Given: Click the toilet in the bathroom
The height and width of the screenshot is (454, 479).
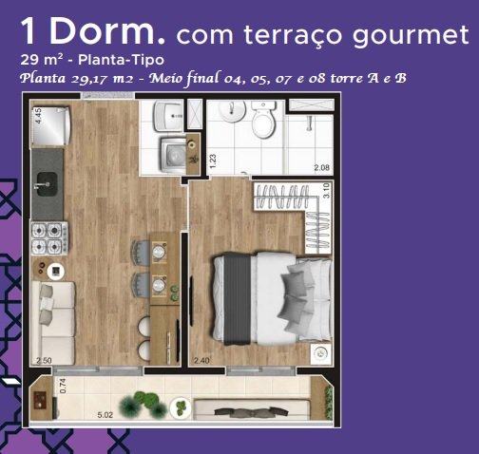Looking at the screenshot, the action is [x=263, y=119].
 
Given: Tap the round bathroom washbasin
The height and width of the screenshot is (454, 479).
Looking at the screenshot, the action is [x=233, y=111].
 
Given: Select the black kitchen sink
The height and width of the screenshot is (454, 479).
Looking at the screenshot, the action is [x=46, y=184].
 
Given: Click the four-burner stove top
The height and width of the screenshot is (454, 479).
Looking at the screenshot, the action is [x=49, y=238].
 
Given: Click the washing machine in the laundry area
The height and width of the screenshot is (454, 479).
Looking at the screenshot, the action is [x=173, y=155].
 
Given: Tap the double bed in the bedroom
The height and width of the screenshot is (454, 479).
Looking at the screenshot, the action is [x=272, y=299].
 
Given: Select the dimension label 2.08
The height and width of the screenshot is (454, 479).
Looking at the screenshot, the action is [x=321, y=167].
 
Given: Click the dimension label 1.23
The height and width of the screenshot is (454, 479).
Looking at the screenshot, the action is [x=213, y=161].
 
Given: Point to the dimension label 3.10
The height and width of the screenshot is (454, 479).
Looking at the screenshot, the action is [x=326, y=191].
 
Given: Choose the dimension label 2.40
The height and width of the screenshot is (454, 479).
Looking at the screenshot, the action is [x=201, y=360].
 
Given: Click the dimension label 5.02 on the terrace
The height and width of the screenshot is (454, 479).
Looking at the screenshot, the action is [x=105, y=414].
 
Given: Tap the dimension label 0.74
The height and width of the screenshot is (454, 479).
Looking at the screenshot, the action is [x=63, y=386].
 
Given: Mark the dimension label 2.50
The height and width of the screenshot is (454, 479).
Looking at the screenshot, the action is [x=44, y=361].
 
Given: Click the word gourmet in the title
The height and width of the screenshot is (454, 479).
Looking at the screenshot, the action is [x=410, y=34].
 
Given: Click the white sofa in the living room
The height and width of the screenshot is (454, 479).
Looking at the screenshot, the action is [x=53, y=323].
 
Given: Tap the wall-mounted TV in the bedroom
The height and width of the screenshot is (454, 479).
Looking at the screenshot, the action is [x=191, y=301].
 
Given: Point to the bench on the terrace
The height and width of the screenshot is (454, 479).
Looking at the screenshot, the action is [x=252, y=410].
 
